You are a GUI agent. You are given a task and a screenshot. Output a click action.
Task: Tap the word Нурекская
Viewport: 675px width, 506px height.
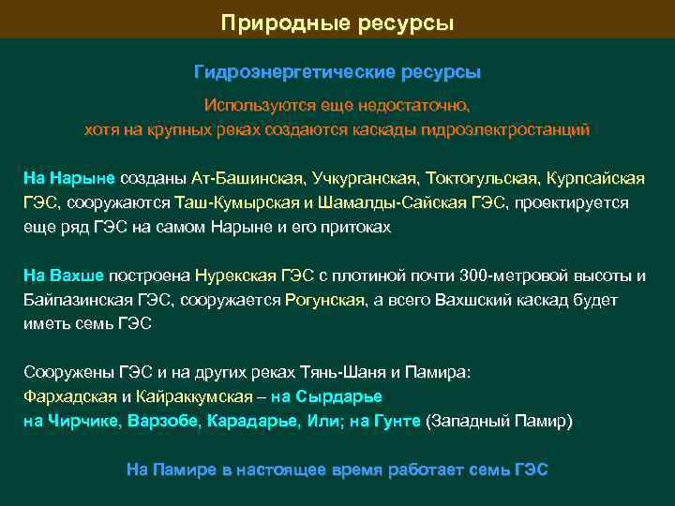[x=235, y=275]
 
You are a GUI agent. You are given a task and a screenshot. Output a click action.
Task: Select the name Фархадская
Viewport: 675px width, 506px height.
[x=69, y=396]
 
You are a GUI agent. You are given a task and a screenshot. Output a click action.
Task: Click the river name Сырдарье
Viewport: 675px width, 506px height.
[x=338, y=396]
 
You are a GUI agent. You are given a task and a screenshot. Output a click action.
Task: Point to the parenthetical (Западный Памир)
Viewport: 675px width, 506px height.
[x=499, y=422]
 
